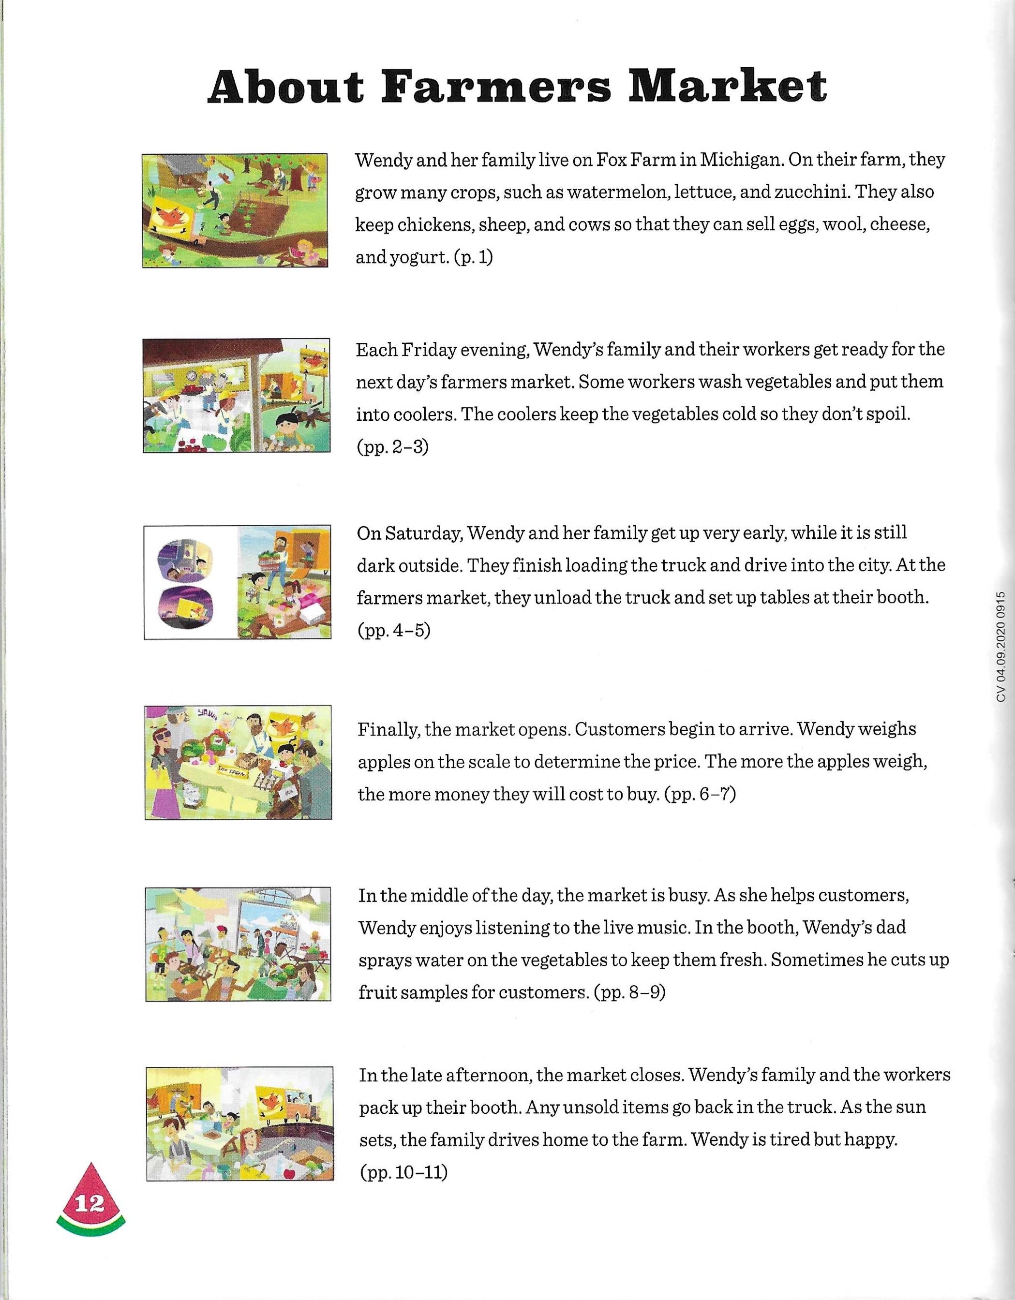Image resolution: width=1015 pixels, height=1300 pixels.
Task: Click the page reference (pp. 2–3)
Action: (x=392, y=447)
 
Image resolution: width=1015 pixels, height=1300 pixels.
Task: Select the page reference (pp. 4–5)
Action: (x=393, y=630)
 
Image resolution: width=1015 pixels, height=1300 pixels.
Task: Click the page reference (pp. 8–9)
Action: (x=629, y=993)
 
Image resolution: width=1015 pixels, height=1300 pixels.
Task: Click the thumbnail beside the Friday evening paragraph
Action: (x=237, y=395)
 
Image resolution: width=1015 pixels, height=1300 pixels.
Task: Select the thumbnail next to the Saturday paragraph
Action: (x=237, y=582)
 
